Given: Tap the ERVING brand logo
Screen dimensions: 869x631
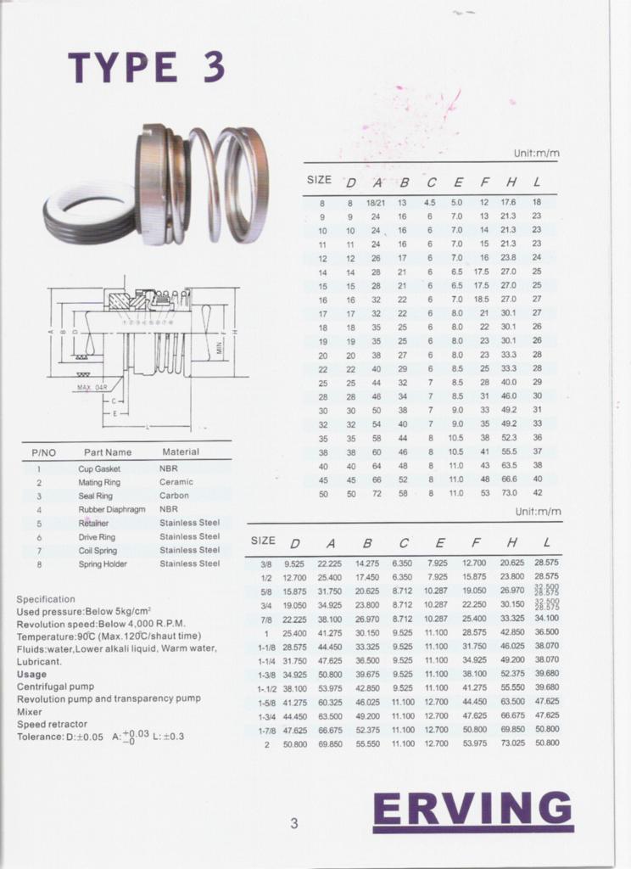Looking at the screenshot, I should coord(472,809).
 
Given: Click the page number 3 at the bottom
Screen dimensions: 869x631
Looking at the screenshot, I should coord(293,822).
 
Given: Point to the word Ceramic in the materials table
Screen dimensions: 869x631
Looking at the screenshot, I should coord(176,482).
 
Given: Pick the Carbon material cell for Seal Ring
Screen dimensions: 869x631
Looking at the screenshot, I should coord(174,496).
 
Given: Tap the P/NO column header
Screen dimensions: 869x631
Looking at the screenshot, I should coord(43,452).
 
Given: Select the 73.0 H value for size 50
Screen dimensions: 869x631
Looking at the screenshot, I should coord(509,493).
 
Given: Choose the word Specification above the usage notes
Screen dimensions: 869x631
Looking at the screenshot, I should coord(46,599).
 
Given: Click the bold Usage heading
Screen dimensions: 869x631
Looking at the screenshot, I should coord(31,674).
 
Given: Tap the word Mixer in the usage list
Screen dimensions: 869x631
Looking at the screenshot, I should coord(30,712).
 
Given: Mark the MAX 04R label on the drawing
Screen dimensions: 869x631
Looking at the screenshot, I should coord(92,387).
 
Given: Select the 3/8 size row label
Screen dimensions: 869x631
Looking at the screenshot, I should coord(266,563).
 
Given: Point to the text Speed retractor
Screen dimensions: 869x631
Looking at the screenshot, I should coord(52,725).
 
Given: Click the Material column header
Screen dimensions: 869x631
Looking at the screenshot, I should coord(181,451).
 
